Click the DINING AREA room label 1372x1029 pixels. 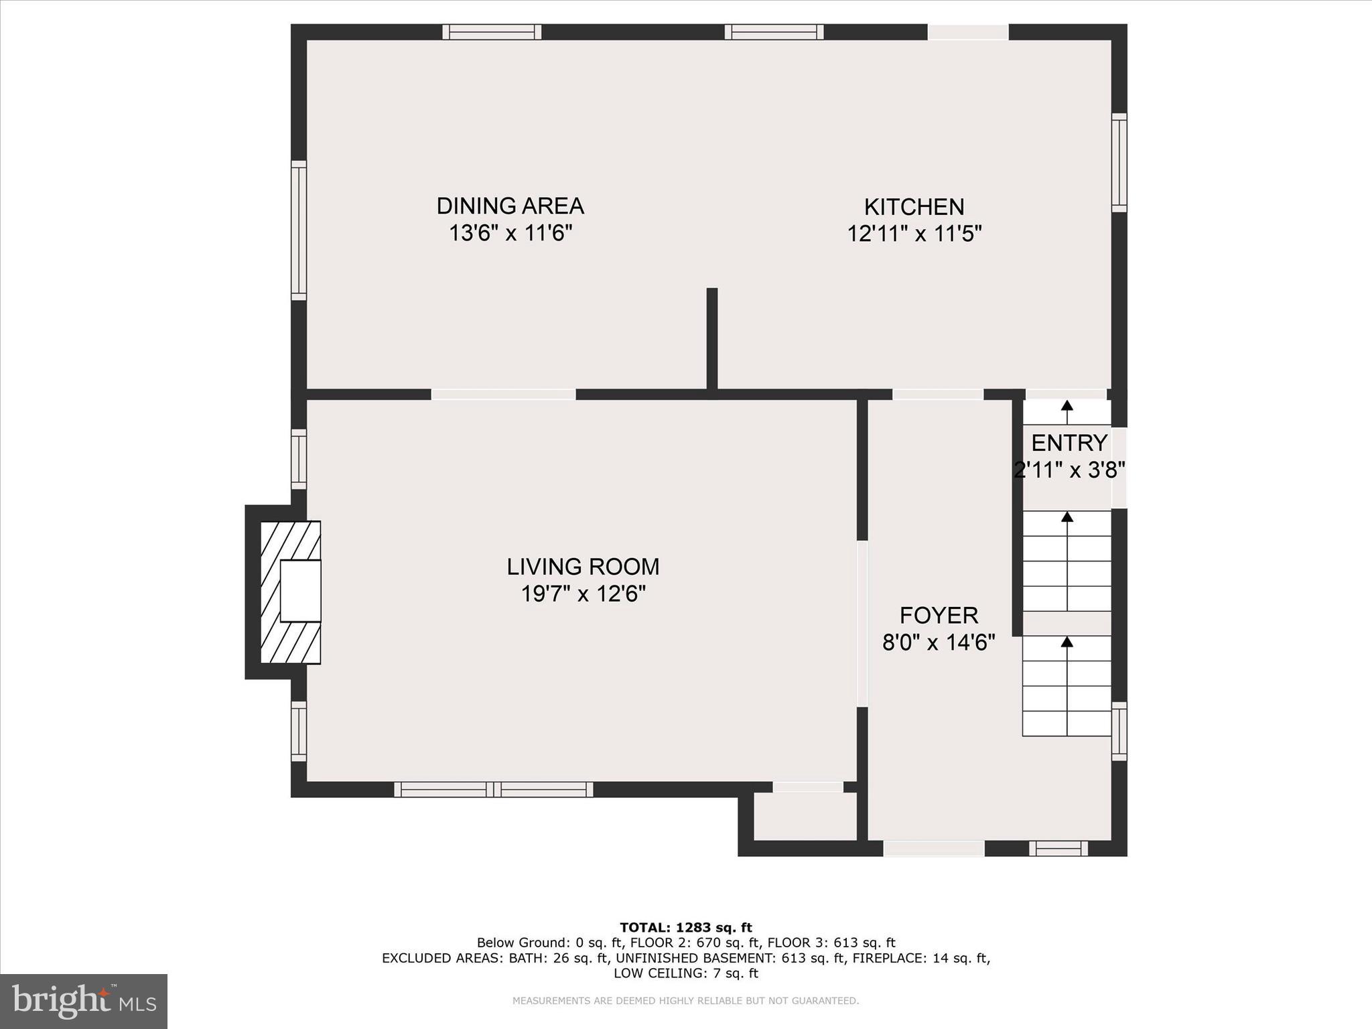click(510, 206)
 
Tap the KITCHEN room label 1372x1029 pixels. click(914, 206)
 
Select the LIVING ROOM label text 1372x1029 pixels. click(583, 567)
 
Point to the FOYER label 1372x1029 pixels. click(939, 615)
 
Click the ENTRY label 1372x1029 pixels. click(1069, 443)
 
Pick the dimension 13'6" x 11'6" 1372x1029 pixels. click(510, 233)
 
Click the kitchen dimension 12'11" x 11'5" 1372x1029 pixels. click(914, 234)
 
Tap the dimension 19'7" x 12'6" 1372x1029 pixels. click(583, 594)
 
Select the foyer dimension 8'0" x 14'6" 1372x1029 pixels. click(939, 642)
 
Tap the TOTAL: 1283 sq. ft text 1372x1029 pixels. click(686, 927)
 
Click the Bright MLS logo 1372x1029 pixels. click(84, 1002)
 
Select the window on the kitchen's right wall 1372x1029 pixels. click(1119, 163)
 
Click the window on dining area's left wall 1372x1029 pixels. click(299, 230)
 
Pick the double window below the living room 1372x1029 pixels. click(494, 789)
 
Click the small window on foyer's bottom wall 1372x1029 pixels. click(1058, 849)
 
